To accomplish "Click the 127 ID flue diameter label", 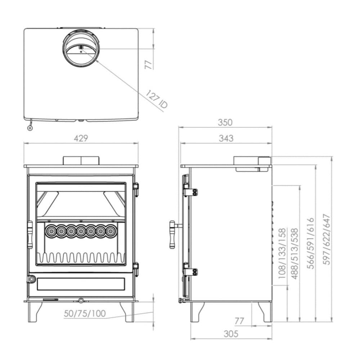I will (x=157, y=99).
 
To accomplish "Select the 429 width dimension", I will (x=81, y=138).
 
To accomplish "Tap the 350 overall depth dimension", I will (x=225, y=122).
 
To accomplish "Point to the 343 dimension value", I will (x=226, y=138).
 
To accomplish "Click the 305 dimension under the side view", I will (x=231, y=334).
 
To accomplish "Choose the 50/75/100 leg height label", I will (x=85, y=314).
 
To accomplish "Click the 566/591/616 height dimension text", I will (x=310, y=243).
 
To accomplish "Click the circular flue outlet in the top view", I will (x=81, y=50).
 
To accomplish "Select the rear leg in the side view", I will (x=265, y=311).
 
